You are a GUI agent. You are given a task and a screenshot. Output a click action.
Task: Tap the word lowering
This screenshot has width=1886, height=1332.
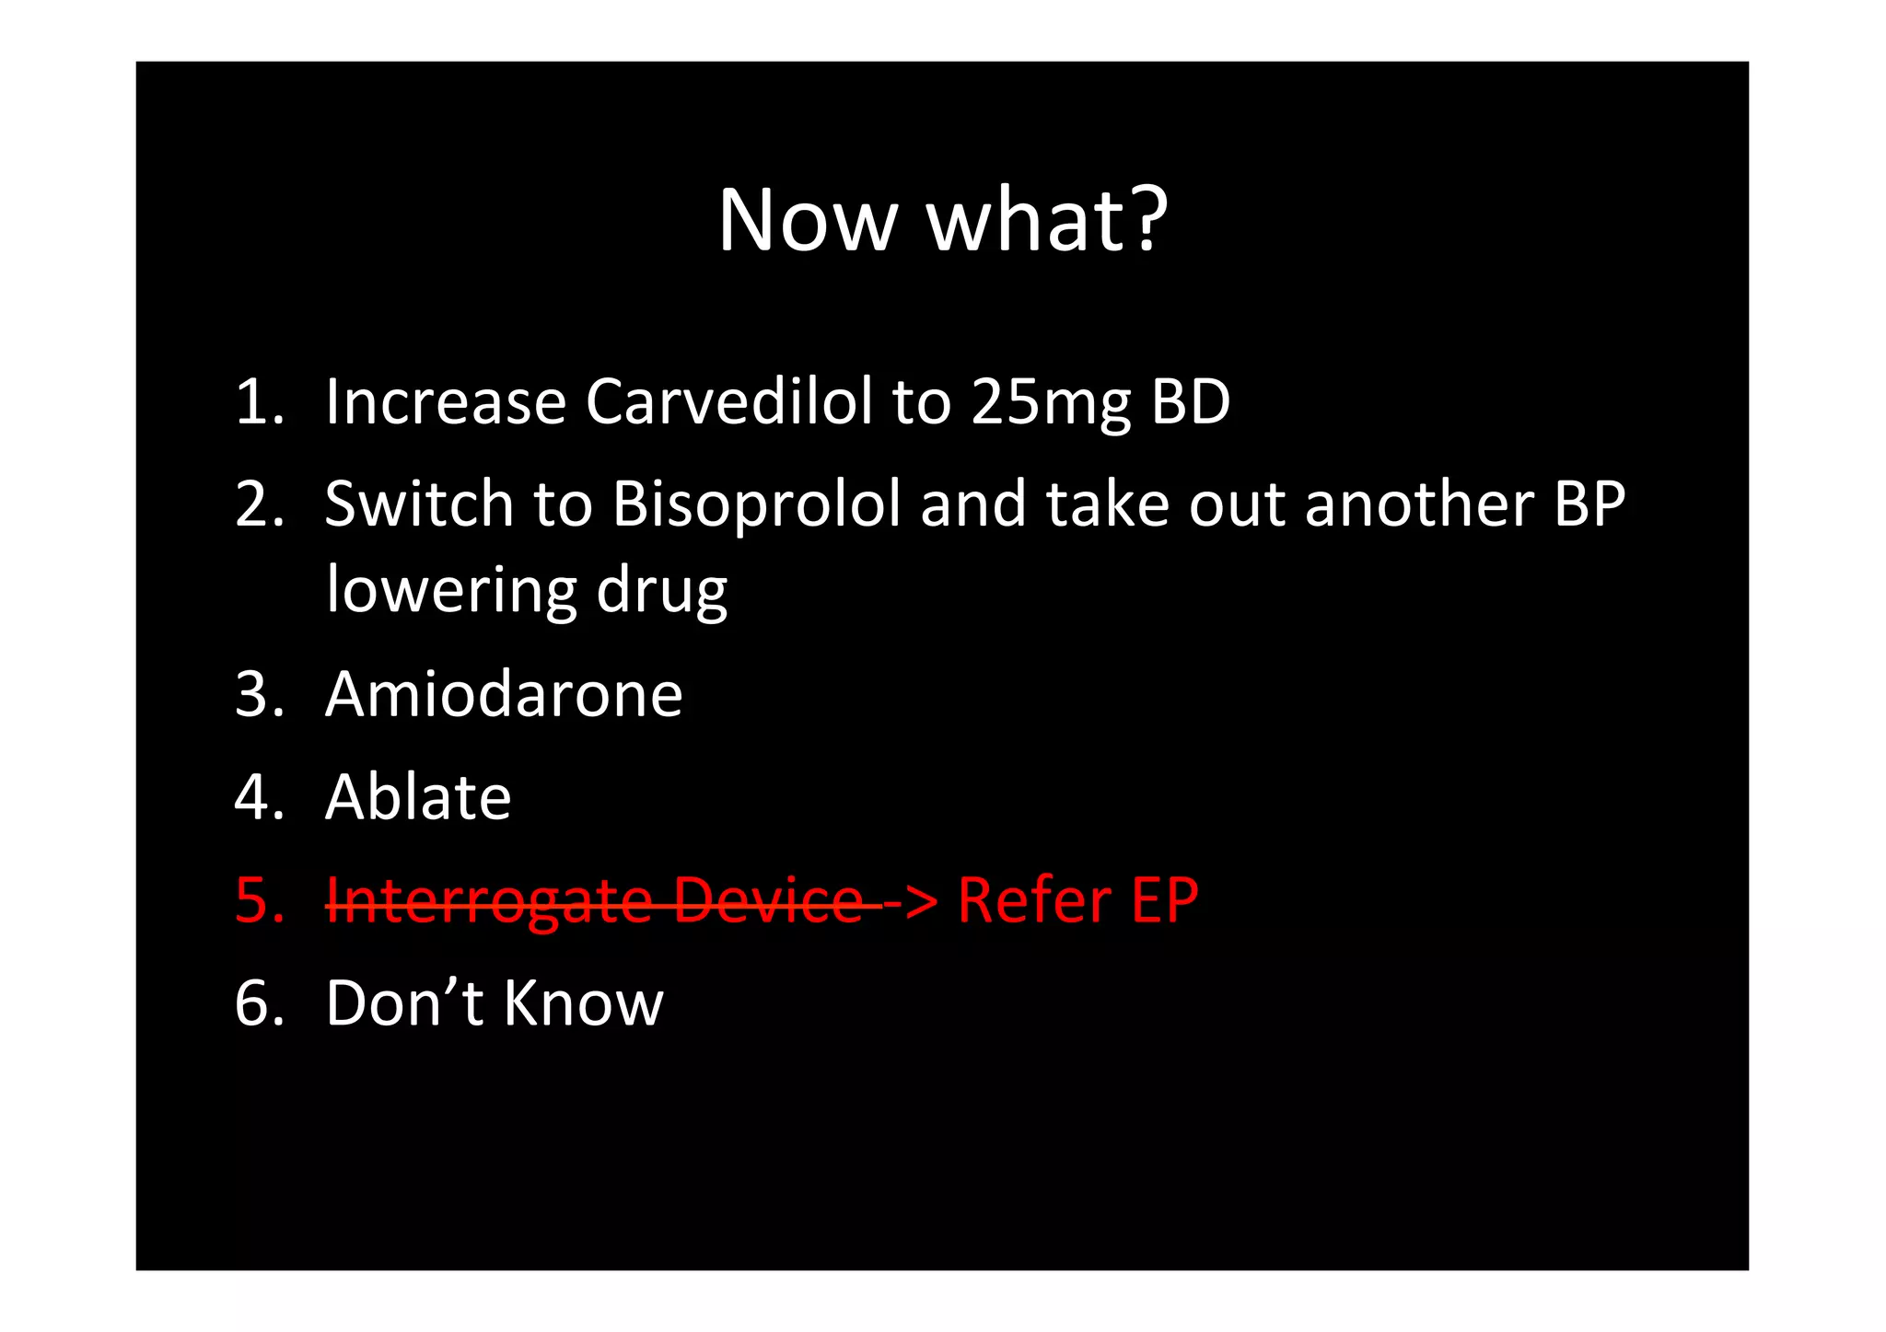[x=450, y=590]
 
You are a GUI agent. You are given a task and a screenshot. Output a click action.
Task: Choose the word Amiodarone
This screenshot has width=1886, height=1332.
[x=504, y=694]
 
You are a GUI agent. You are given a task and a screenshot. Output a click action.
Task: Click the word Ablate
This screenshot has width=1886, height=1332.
[x=418, y=797]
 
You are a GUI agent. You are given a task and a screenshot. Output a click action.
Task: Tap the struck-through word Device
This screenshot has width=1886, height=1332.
[x=768, y=901]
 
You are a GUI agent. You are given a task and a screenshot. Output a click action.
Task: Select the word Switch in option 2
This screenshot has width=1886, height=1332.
[x=419, y=504]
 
